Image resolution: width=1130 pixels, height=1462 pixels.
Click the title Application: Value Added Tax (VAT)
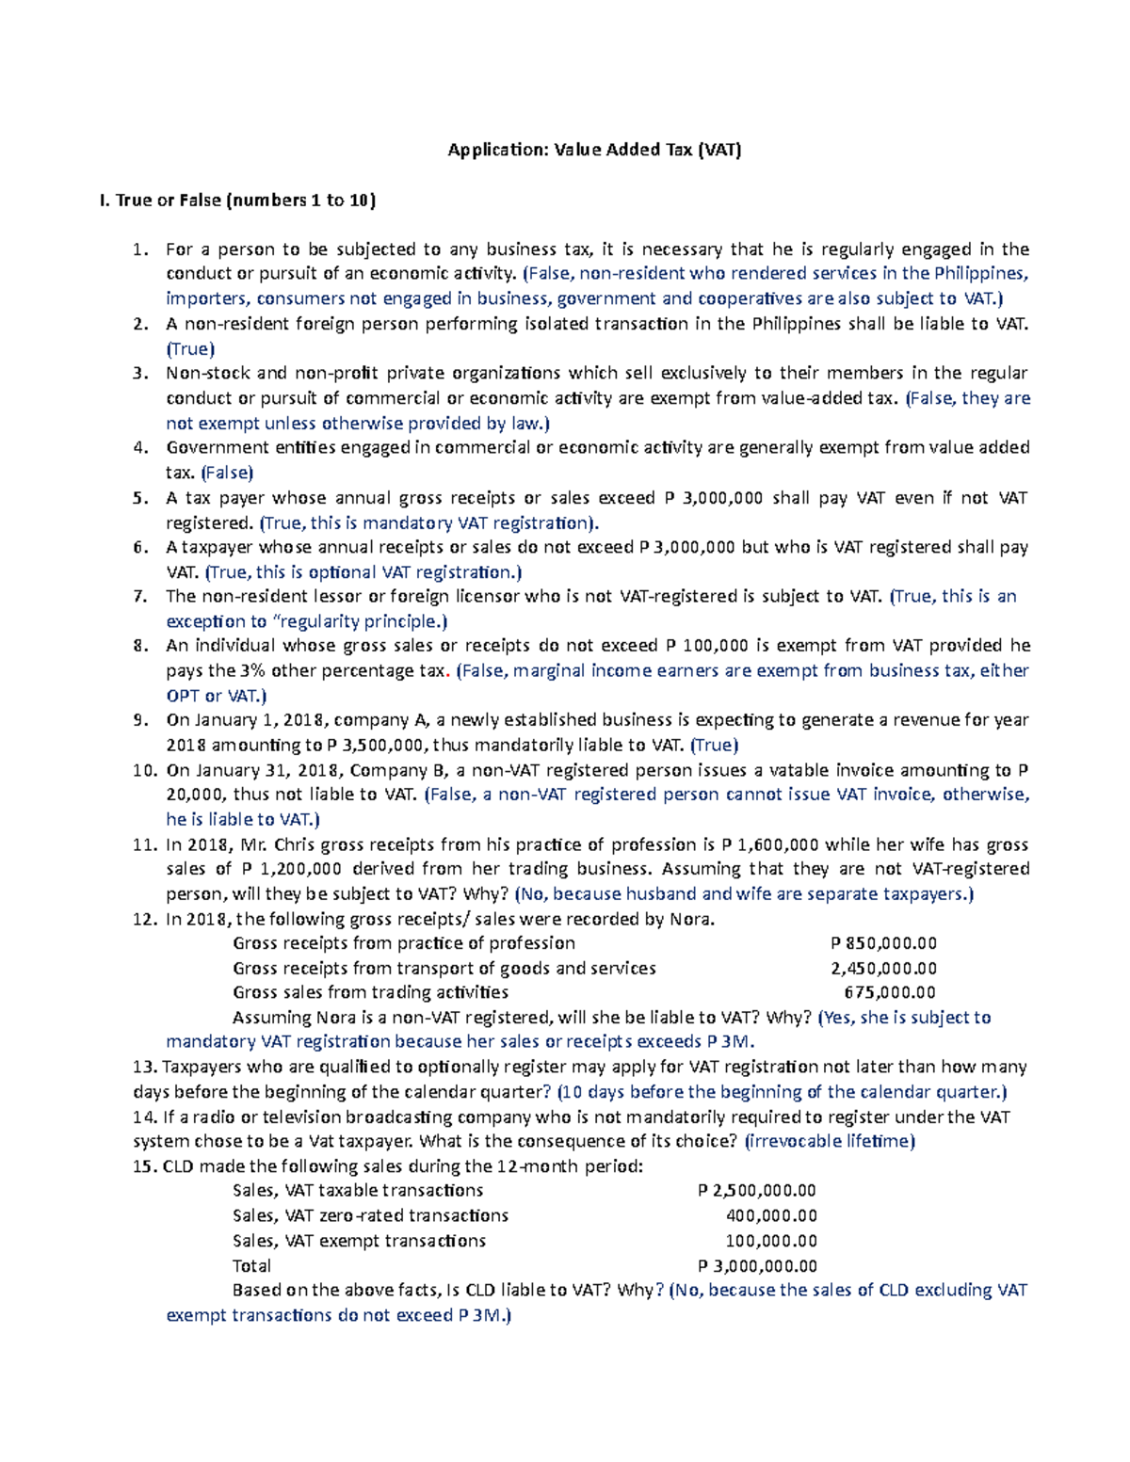[x=594, y=150]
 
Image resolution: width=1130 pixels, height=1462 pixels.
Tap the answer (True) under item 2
[x=190, y=348]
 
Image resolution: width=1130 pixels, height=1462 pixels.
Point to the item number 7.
[x=140, y=596]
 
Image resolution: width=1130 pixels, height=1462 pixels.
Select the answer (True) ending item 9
[x=714, y=745]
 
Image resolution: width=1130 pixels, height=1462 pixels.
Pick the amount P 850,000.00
[x=883, y=943]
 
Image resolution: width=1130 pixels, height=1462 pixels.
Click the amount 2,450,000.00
[x=883, y=968]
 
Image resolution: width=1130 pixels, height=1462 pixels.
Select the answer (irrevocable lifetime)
[x=830, y=1141]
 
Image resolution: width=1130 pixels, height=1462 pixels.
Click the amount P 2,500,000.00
[x=757, y=1191]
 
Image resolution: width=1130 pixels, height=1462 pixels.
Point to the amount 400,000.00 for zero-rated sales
[x=771, y=1215]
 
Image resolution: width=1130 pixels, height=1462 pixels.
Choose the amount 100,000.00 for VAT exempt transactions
[x=771, y=1241]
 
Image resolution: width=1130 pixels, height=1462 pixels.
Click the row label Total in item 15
[x=251, y=1266]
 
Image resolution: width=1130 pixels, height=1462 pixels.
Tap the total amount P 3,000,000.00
[x=757, y=1266]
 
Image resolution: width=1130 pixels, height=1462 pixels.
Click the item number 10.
[x=144, y=770]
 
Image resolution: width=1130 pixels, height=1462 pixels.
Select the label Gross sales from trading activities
[x=370, y=992]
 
